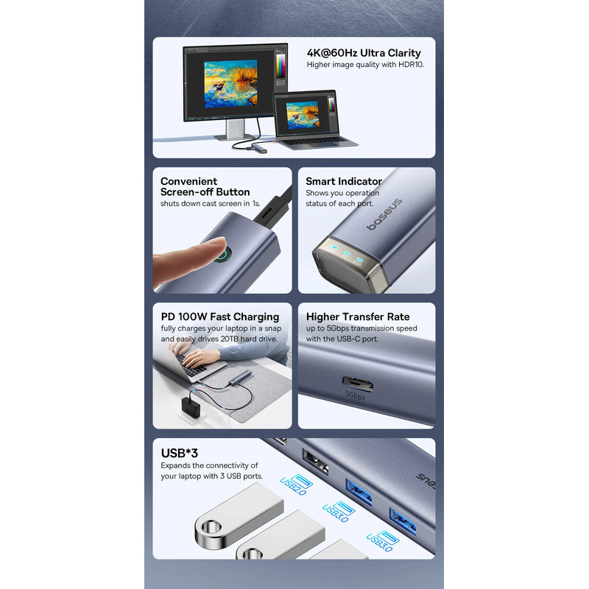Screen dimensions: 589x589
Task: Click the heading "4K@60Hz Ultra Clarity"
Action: tap(364, 53)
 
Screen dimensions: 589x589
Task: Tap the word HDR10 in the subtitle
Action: tap(411, 65)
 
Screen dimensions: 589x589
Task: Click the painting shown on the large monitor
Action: tap(230, 84)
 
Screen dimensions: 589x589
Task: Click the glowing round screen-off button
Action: tap(224, 255)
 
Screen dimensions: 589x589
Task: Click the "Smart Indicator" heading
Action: tap(344, 181)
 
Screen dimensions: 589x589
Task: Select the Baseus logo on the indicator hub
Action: tap(384, 214)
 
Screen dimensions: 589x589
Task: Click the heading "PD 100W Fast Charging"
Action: tap(220, 317)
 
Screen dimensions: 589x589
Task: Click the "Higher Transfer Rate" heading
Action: tap(358, 317)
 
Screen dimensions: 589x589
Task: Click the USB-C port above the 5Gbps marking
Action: tap(357, 384)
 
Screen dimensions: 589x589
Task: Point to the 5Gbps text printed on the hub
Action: tap(355, 395)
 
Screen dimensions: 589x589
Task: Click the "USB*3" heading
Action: tap(179, 454)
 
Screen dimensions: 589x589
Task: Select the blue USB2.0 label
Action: tap(297, 485)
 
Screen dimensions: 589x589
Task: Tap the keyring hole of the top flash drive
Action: tap(211, 527)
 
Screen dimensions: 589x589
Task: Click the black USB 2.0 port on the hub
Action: tap(315, 462)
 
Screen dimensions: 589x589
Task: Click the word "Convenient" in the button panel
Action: tap(189, 181)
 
